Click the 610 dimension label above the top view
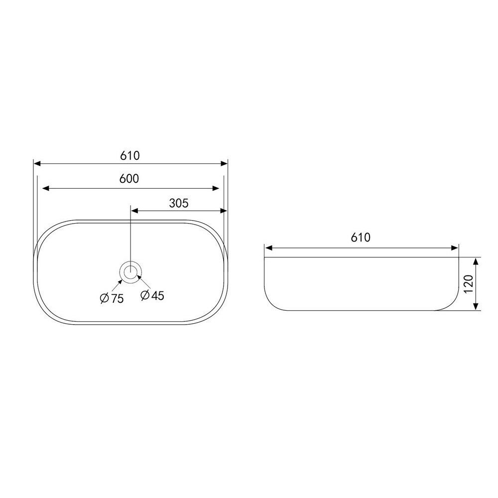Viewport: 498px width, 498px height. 130,155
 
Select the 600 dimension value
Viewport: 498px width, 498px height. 129,179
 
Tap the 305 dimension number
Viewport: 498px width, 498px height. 179,203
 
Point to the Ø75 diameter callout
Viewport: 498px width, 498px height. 112,298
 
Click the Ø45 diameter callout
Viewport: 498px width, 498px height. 152,295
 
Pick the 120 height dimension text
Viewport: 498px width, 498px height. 469,284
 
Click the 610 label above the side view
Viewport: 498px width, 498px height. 361,237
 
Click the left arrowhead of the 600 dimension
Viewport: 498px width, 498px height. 46,188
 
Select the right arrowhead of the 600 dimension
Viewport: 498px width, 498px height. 216,188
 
